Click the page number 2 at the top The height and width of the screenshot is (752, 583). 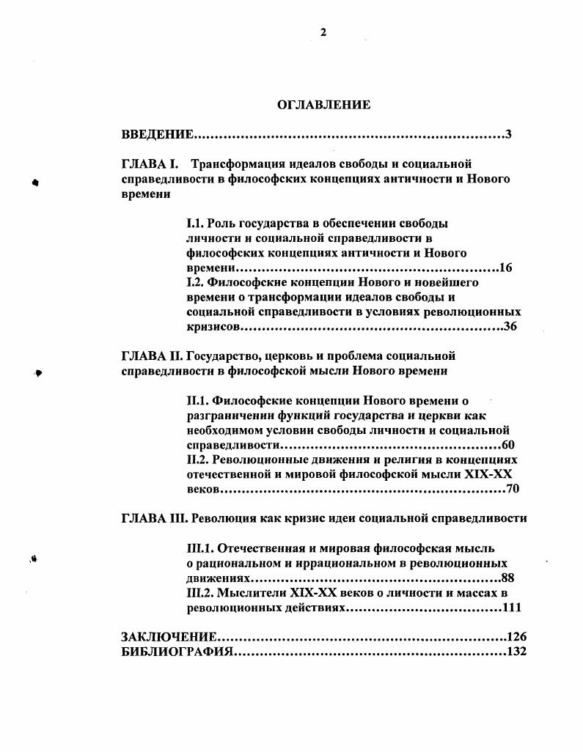coord(323,31)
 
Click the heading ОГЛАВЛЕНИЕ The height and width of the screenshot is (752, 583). coord(323,105)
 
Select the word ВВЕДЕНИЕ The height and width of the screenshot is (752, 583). coord(157,135)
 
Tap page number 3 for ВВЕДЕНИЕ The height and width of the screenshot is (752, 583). coord(508,135)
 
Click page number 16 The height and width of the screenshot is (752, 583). coord(505,268)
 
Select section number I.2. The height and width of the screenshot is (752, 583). coord(196,282)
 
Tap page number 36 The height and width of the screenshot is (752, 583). coord(510,327)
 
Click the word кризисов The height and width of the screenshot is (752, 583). coord(213,327)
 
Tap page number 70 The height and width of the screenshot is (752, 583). coord(513,489)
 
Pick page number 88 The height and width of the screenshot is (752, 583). coord(507,578)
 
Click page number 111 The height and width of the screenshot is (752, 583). coord(511,608)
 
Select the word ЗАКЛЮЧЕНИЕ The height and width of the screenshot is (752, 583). coord(169,636)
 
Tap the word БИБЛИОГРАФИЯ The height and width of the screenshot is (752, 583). coord(176,652)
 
